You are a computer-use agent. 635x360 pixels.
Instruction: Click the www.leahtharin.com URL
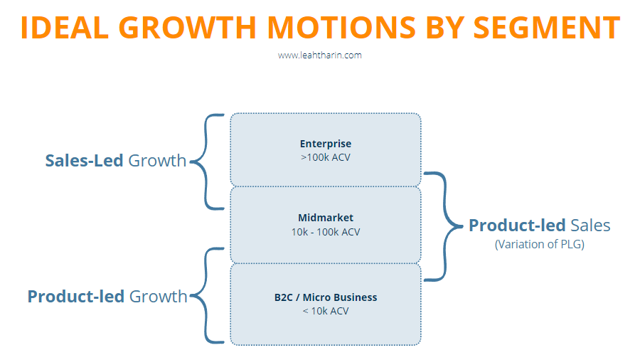pyautogui.click(x=319, y=55)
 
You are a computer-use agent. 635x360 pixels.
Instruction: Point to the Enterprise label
pyautogui.click(x=325, y=144)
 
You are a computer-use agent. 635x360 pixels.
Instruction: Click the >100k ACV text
pyautogui.click(x=325, y=157)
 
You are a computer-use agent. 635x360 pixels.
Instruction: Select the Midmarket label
pyautogui.click(x=325, y=218)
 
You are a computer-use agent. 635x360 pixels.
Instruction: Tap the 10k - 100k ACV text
pyautogui.click(x=325, y=232)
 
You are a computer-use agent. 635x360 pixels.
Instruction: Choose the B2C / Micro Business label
pyautogui.click(x=325, y=297)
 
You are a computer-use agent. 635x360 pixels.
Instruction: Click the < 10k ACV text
pyautogui.click(x=325, y=311)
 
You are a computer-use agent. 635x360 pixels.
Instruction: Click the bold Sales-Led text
pyautogui.click(x=85, y=161)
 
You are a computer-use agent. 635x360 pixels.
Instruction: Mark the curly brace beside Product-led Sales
pyautogui.click(x=444, y=226)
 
